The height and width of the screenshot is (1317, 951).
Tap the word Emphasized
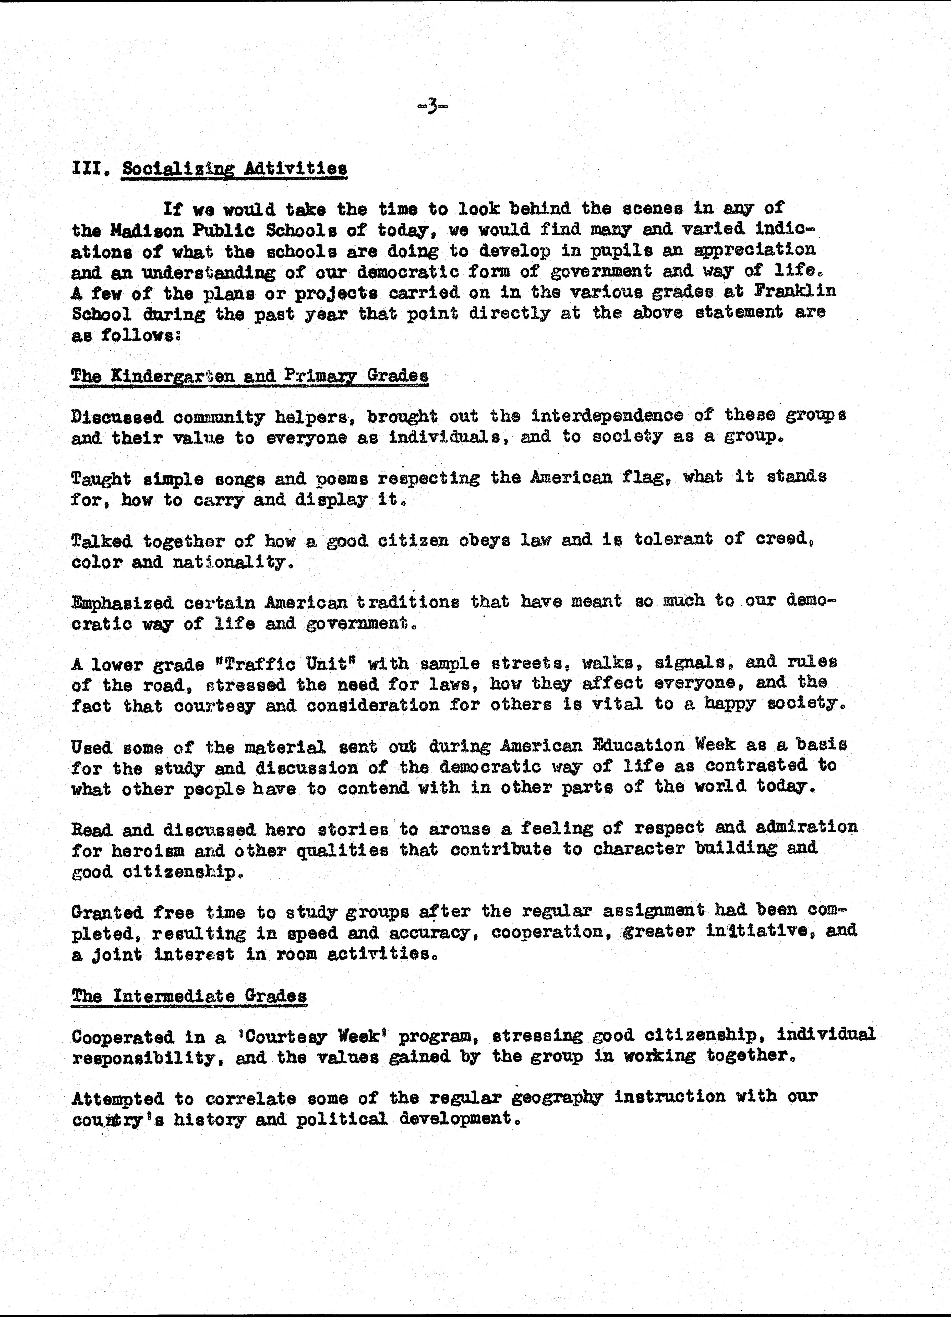123,603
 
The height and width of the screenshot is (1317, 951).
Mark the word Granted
107,912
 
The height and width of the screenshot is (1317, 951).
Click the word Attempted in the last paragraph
117,1098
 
